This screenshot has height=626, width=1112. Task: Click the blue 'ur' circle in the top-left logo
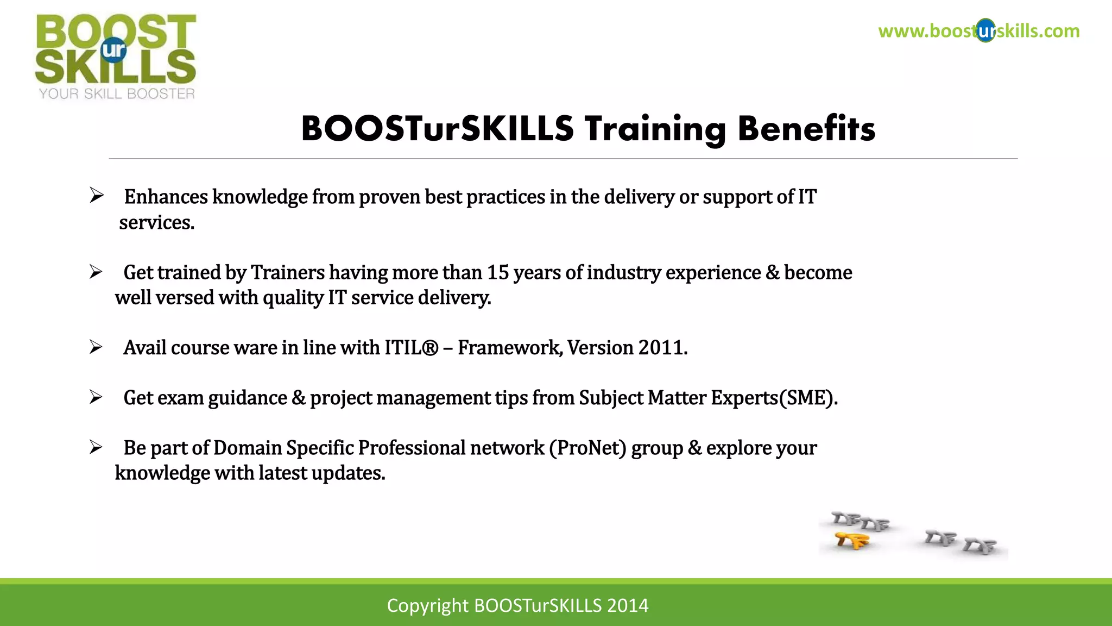point(113,50)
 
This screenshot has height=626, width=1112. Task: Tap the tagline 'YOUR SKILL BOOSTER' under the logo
point(117,94)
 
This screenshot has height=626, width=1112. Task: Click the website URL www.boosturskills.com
point(978,31)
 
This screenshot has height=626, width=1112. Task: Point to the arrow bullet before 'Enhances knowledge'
point(97,196)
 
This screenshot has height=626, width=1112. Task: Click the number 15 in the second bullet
point(497,272)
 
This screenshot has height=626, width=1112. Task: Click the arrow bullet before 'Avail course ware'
point(96,347)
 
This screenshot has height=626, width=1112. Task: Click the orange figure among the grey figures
point(852,541)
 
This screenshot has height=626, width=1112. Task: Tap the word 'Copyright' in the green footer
point(427,605)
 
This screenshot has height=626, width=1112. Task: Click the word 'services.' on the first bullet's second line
point(156,223)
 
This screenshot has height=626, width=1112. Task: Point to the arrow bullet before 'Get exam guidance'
point(96,398)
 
